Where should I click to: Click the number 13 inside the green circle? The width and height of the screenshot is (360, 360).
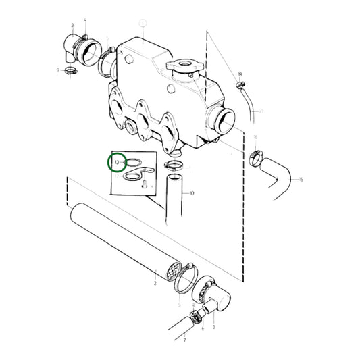tap(117, 163)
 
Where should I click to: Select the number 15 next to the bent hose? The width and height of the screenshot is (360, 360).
tap(301, 180)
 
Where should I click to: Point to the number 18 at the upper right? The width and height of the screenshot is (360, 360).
tap(239, 74)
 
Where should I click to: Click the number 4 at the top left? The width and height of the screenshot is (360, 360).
tap(85, 20)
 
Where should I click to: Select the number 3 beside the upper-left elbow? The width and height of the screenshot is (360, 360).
tap(72, 25)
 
